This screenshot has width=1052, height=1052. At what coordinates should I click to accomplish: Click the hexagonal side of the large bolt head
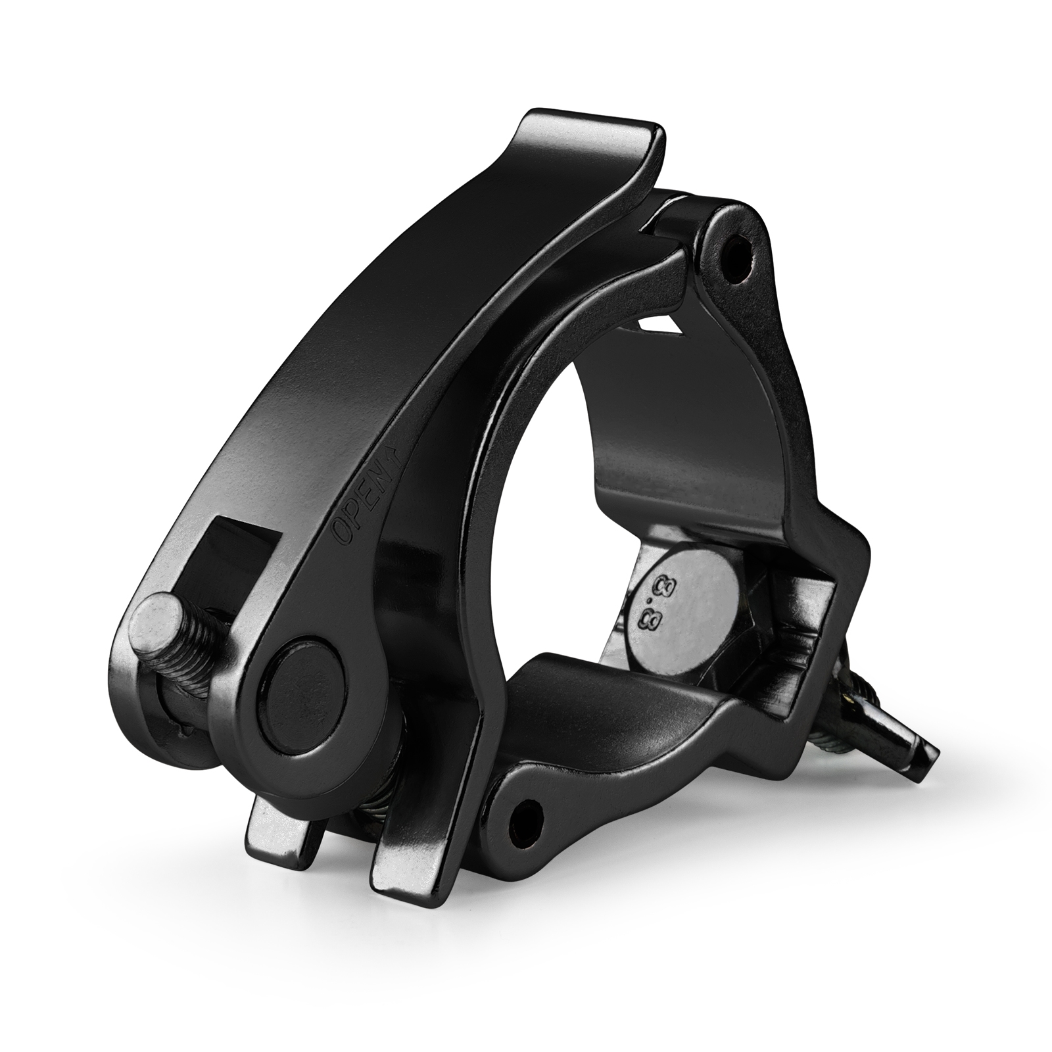coord(756,625)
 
